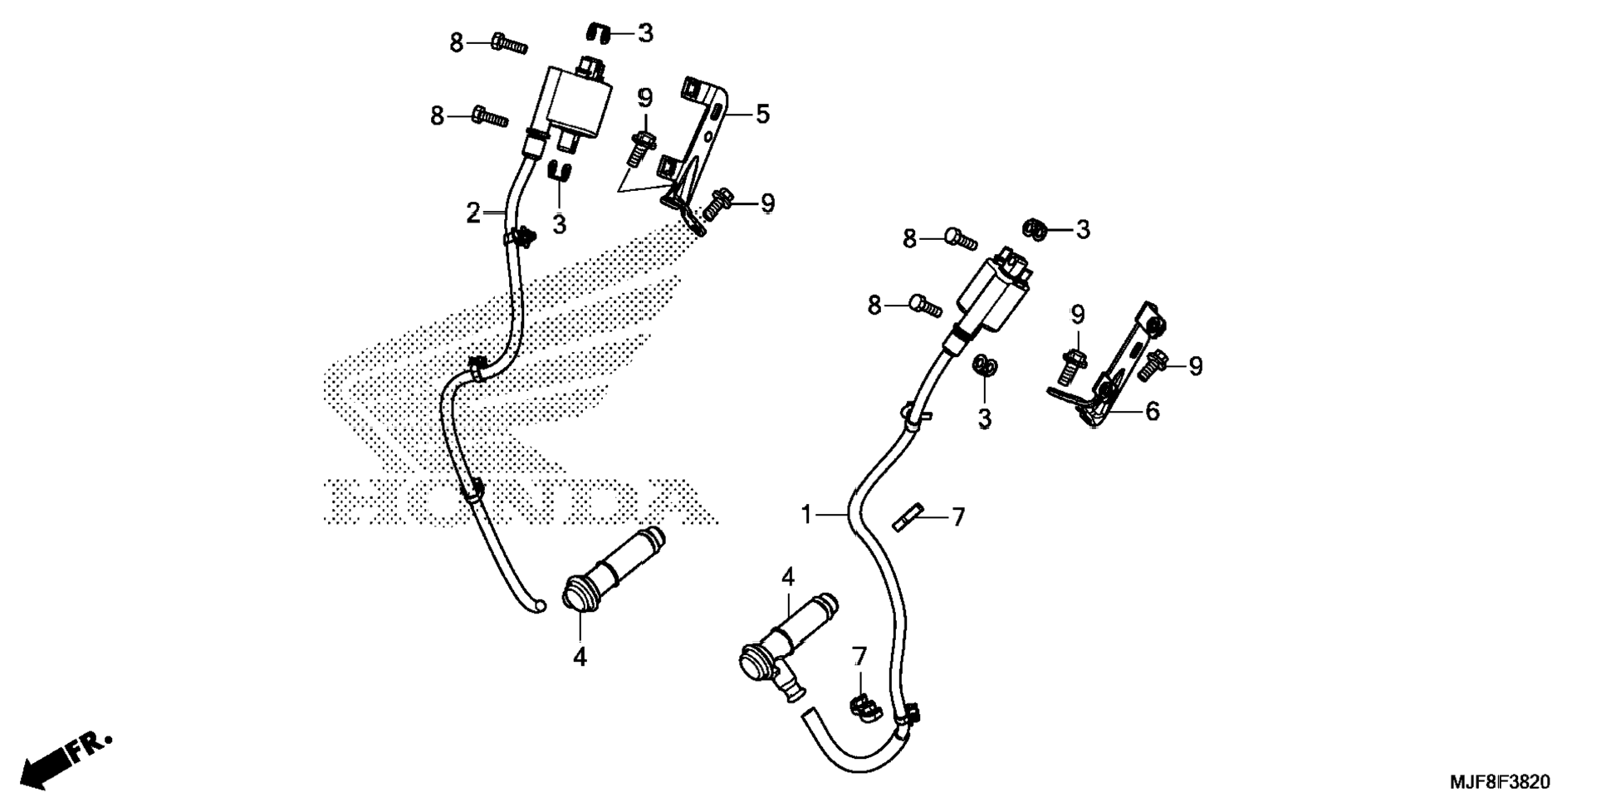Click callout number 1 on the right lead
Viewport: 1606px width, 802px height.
[805, 516]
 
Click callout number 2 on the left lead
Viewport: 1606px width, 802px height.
[472, 213]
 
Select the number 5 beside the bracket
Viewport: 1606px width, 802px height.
[762, 114]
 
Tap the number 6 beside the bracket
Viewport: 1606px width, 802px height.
[1152, 411]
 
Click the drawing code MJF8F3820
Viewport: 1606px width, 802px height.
[1500, 782]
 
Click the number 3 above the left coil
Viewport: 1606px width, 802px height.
[645, 33]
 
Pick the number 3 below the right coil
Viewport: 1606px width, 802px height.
[984, 419]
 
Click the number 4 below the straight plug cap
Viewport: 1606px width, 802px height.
[580, 657]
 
